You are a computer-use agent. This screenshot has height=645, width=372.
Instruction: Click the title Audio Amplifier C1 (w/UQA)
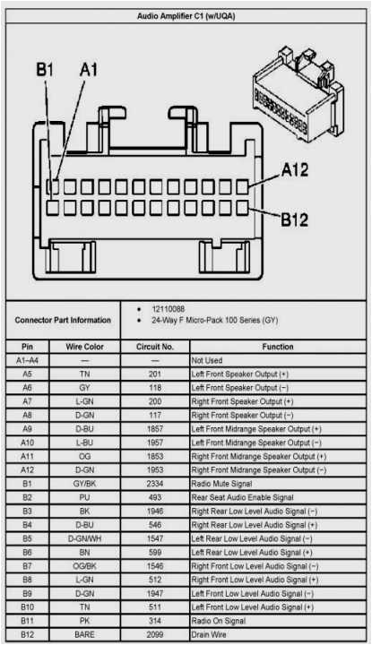(x=186, y=16)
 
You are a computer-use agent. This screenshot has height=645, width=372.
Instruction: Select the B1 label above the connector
(x=45, y=70)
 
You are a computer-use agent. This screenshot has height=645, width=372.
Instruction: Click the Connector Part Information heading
(x=63, y=320)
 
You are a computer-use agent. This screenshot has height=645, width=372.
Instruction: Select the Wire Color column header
(x=84, y=347)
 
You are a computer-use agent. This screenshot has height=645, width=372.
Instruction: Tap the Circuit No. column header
(x=155, y=347)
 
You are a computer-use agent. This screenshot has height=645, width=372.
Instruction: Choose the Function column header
(x=277, y=347)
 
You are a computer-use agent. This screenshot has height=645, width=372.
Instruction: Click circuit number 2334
(x=155, y=484)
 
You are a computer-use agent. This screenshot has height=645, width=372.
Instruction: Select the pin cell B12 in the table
(x=27, y=635)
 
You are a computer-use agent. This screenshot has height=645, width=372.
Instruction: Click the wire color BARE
(x=84, y=635)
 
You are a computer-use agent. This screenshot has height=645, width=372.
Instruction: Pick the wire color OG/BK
(x=84, y=566)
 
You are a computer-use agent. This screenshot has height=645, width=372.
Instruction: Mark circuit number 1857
(x=155, y=429)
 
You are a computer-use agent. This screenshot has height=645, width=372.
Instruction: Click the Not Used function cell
(x=208, y=360)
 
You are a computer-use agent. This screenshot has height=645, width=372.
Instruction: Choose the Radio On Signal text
(x=221, y=621)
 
